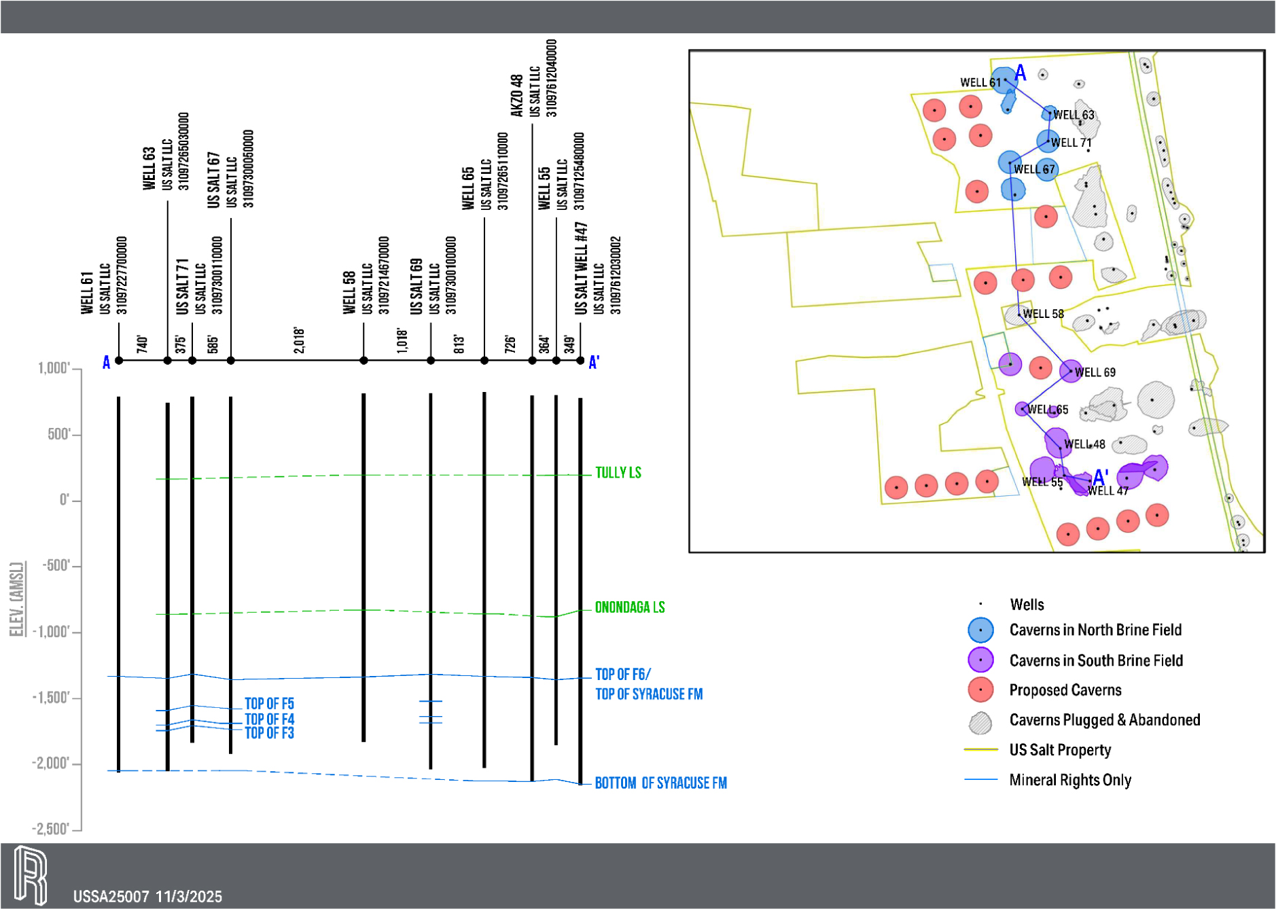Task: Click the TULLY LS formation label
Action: click(618, 473)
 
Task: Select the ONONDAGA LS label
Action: click(629, 607)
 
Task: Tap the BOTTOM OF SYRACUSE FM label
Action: click(660, 783)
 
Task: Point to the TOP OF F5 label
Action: click(269, 704)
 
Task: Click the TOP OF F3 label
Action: click(269, 733)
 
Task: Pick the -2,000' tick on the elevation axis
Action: click(51, 764)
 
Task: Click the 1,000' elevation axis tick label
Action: click(54, 368)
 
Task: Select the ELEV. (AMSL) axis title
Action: click(18, 599)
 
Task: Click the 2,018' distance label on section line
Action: click(299, 340)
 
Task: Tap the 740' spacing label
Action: click(142, 344)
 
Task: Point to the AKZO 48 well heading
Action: click(517, 95)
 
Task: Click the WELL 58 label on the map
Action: click(1043, 314)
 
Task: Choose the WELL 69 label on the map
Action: click(1095, 372)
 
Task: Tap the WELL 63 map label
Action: click(1074, 115)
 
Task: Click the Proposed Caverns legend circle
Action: click(980, 690)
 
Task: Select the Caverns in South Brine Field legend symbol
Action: click(980, 660)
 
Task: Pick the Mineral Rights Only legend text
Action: click(1070, 780)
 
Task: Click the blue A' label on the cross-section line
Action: click(594, 362)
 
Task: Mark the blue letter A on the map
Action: click(1020, 73)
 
